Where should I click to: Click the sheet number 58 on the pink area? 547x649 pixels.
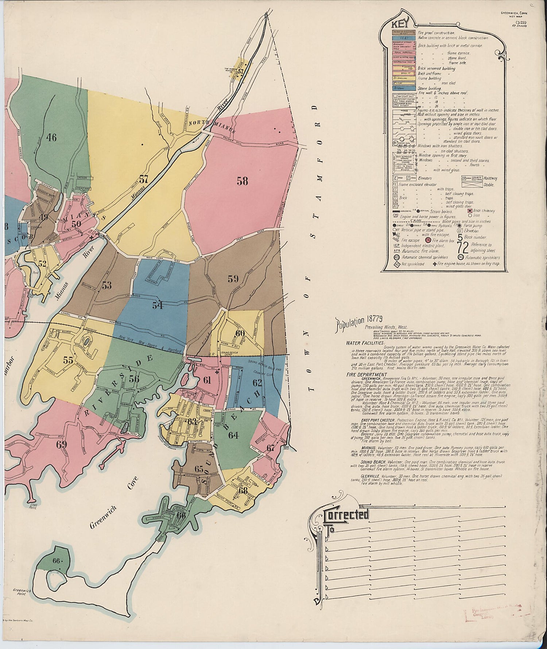tap(242, 181)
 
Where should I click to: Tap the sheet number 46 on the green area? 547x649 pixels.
tap(51, 138)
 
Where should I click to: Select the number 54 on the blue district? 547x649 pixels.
tap(158, 305)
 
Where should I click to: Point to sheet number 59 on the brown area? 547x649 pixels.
tap(233, 279)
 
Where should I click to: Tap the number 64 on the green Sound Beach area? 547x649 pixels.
tap(233, 435)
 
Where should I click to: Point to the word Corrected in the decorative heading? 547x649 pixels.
tap(346, 514)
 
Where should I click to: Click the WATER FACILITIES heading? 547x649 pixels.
tap(366, 343)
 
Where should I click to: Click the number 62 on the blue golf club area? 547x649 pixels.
tap(257, 383)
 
